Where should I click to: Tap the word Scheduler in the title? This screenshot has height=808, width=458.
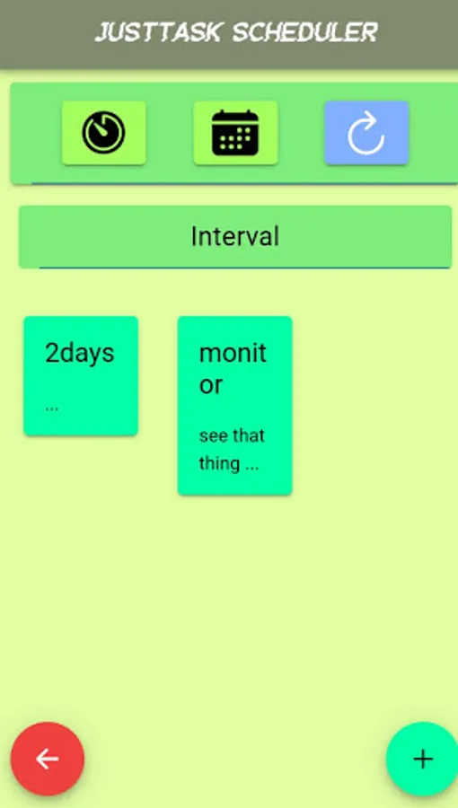[x=305, y=33]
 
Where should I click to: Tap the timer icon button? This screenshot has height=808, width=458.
[x=104, y=133]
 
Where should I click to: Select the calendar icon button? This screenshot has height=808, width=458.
[x=235, y=133]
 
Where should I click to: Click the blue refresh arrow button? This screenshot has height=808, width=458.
[x=366, y=133]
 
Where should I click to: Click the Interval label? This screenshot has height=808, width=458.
[x=235, y=236]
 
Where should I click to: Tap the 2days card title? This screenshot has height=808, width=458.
[x=80, y=353]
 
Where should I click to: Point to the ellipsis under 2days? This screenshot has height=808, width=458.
[x=52, y=407]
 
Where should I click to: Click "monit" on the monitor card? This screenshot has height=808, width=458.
[x=233, y=353]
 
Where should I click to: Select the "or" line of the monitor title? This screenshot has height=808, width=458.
[x=211, y=385]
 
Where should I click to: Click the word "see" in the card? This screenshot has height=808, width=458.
[x=213, y=436]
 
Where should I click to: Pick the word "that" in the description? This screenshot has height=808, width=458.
[x=249, y=436]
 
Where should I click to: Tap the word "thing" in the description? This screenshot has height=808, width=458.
[x=219, y=464]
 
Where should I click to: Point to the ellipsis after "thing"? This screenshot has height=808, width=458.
[x=252, y=466]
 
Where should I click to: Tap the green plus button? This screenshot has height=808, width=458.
[x=422, y=759]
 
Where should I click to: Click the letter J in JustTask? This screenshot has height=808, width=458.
[x=101, y=33]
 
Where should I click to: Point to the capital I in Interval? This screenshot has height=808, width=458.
[x=194, y=236]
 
